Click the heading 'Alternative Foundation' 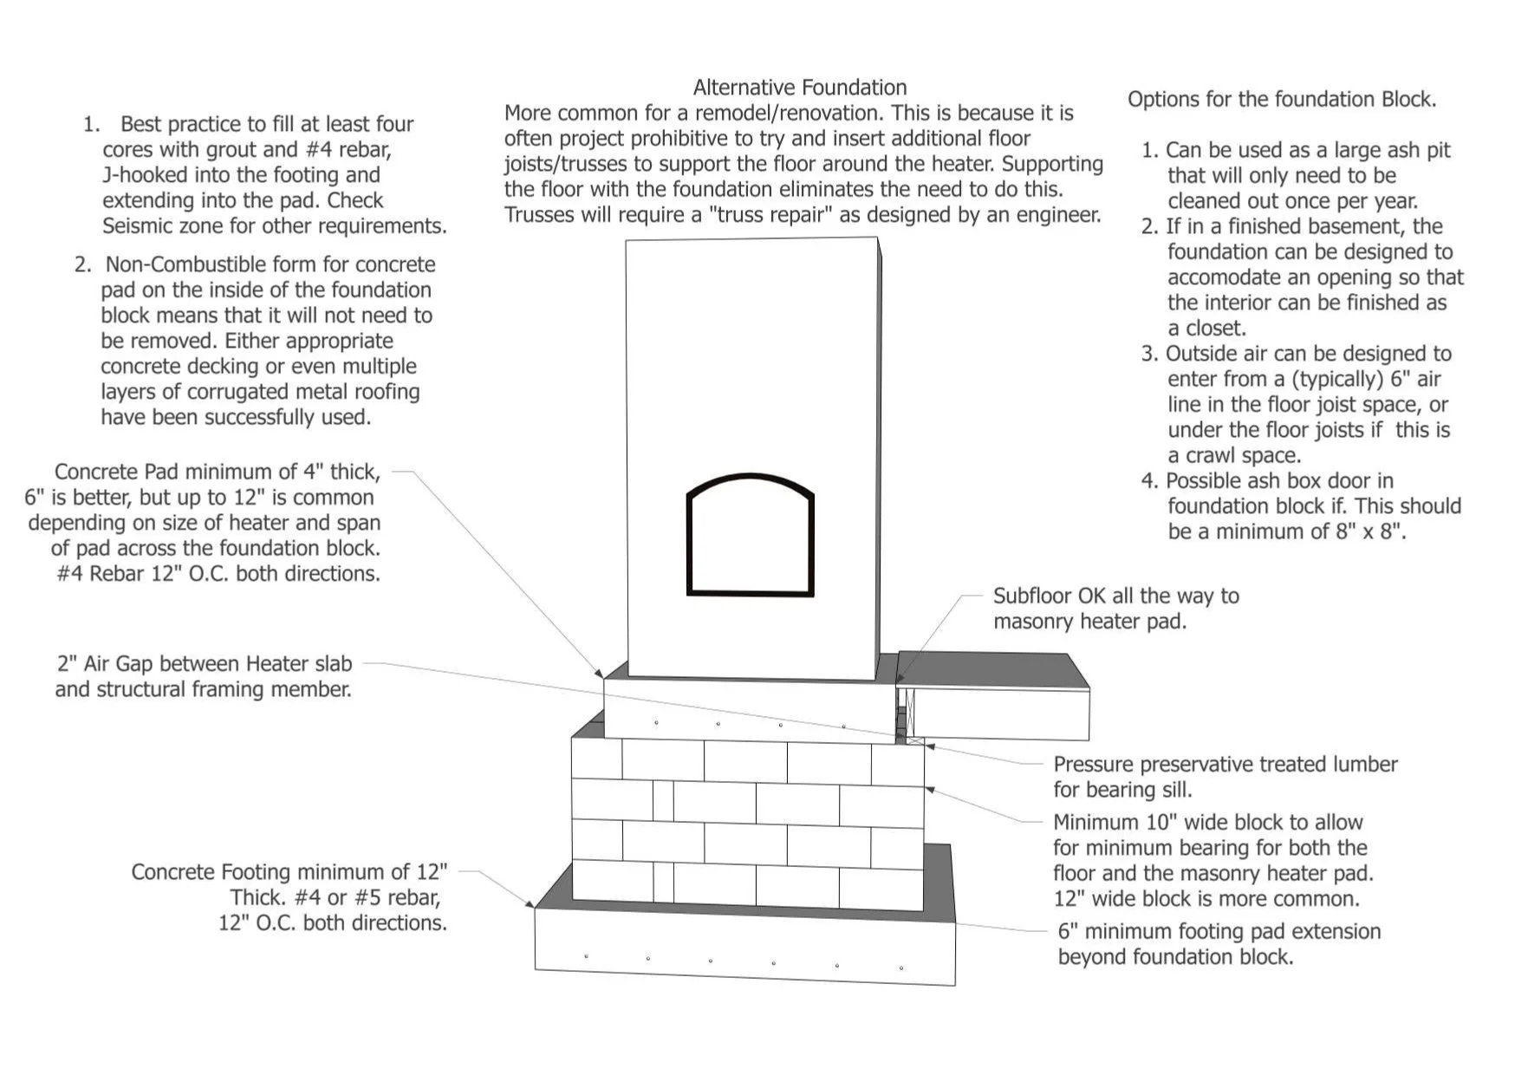pyautogui.click(x=799, y=88)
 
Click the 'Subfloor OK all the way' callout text pyautogui.click(x=1115, y=596)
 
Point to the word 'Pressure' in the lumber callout pyautogui.click(x=1093, y=765)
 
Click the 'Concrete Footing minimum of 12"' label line pyautogui.click(x=289, y=872)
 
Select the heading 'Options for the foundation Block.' pyautogui.click(x=1281, y=100)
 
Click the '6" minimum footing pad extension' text pyautogui.click(x=1219, y=932)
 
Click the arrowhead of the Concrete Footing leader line pyautogui.click(x=530, y=904)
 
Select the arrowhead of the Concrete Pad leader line pyautogui.click(x=599, y=673)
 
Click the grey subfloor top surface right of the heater pyautogui.click(x=992, y=669)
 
